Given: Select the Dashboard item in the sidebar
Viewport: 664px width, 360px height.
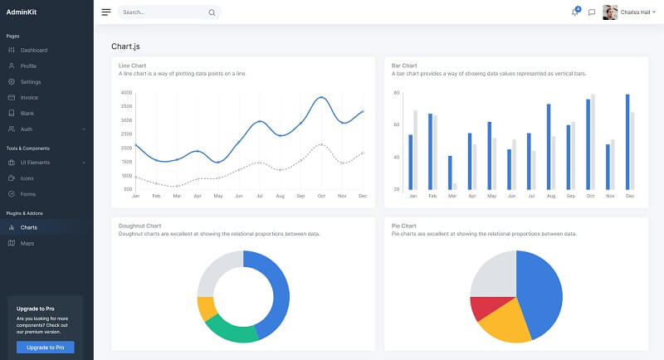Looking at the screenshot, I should pos(34,50).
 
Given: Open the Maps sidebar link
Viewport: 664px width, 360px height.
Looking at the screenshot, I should pos(27,243).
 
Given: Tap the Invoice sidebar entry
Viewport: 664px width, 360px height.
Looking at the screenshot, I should pos(29,97).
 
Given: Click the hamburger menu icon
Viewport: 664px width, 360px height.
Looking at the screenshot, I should pos(106,12).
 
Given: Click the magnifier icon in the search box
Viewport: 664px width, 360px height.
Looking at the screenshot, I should pos(212,12).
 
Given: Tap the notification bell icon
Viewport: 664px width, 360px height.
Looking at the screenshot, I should pos(574,12).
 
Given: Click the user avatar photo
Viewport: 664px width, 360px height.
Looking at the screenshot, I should pos(610,12).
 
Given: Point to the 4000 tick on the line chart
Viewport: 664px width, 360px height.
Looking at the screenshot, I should pos(125,93).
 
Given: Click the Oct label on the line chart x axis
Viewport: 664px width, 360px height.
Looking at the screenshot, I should pos(321,196).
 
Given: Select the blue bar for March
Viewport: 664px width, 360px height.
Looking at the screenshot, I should pos(451,173).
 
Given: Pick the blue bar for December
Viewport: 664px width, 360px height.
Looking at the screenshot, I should pos(627,142).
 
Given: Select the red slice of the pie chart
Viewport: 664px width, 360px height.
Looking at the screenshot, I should pos(485,308).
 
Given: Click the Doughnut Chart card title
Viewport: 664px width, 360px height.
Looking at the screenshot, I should pos(139,226).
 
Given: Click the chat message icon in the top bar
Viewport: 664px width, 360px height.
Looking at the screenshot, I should pos(592,12).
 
